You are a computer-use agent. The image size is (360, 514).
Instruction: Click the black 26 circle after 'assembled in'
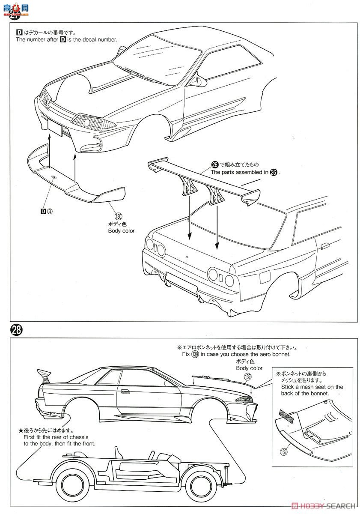(274, 172)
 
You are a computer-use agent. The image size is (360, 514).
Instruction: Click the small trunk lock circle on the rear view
(187, 257)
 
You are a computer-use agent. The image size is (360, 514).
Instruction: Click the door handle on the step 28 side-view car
(125, 391)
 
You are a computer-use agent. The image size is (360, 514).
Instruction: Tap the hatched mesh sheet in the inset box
(284, 414)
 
